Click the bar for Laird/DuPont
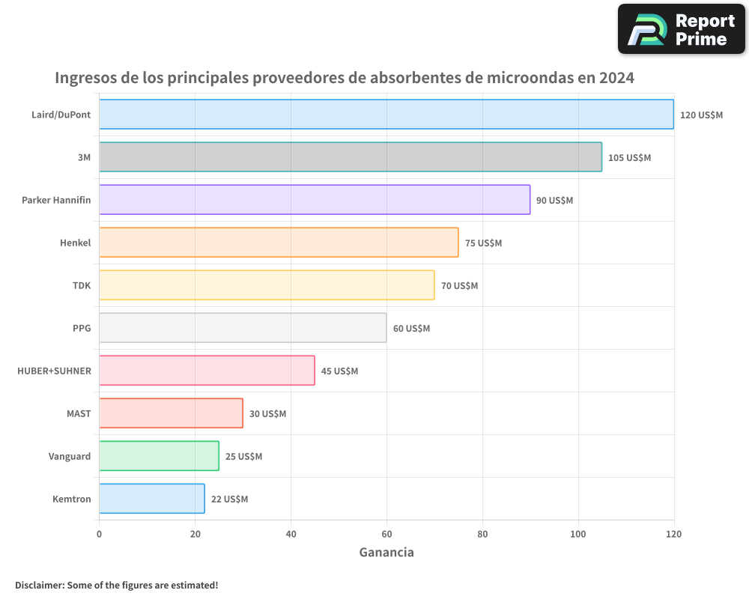pyautogui.click(x=386, y=115)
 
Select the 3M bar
pyautogui.click(x=350, y=157)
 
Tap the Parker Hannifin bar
pyautogui.click(x=314, y=200)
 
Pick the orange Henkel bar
pyautogui.click(x=278, y=243)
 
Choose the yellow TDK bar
pyautogui.click(x=266, y=285)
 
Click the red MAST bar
pyautogui.click(x=171, y=413)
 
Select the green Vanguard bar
pyautogui.click(x=159, y=456)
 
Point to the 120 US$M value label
pyautogui.click(x=701, y=115)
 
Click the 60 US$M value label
pyautogui.click(x=411, y=329)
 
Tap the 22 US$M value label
pyautogui.click(x=229, y=499)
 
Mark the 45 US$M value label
pyautogui.click(x=339, y=371)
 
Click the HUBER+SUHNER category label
pyautogui.click(x=54, y=371)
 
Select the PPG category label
pyautogui.click(x=82, y=329)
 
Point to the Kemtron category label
pyautogui.click(x=72, y=499)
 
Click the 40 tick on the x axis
pyautogui.click(x=291, y=535)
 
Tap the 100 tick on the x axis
pyautogui.click(x=577, y=535)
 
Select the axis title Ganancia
pyautogui.click(x=386, y=553)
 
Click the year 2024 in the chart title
pyautogui.click(x=616, y=78)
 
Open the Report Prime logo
pyautogui.click(x=681, y=29)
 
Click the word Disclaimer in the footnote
pyautogui.click(x=39, y=585)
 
